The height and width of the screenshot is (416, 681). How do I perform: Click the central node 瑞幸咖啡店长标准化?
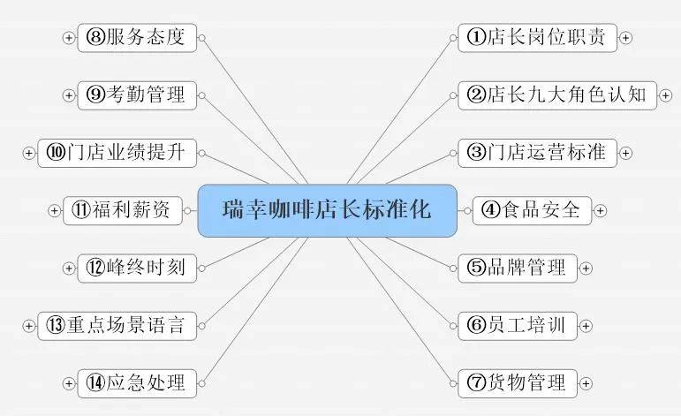(x=328, y=210)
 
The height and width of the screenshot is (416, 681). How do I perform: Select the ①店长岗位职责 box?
(x=538, y=38)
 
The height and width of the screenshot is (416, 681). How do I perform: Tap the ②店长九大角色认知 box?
(x=557, y=95)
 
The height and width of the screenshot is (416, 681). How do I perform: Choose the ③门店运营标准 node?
(x=538, y=153)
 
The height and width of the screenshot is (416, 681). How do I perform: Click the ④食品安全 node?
(x=532, y=210)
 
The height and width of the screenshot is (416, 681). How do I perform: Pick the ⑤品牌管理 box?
(x=518, y=268)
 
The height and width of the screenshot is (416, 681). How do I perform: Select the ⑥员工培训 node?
(x=518, y=326)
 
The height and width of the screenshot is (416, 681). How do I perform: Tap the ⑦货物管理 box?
(x=518, y=383)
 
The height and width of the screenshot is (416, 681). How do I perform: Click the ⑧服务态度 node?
(x=137, y=38)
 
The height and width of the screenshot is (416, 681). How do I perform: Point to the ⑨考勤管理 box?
(x=137, y=95)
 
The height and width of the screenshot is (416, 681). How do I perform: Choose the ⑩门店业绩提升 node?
(x=117, y=153)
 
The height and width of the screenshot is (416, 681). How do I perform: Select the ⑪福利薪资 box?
(x=123, y=210)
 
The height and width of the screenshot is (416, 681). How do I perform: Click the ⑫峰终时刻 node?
(x=137, y=268)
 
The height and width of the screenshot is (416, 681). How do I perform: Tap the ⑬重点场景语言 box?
(x=117, y=326)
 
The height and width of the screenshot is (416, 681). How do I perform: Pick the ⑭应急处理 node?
(x=137, y=383)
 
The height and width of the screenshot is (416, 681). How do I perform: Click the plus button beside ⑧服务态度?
(x=69, y=38)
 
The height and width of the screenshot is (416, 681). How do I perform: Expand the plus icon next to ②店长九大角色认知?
(x=665, y=95)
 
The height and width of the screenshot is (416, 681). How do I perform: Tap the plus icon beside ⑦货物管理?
(x=586, y=383)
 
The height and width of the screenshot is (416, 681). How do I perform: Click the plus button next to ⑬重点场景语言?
(x=28, y=326)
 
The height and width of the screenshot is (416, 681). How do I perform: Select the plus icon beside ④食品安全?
(x=600, y=210)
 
